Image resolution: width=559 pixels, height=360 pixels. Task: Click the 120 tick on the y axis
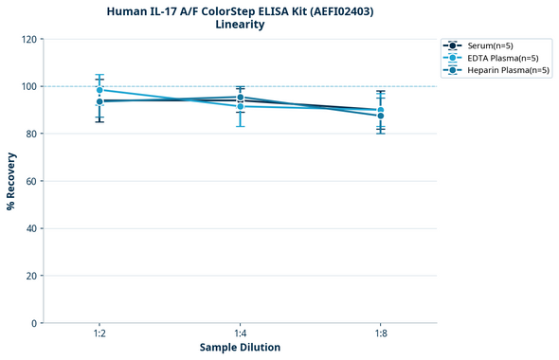(28, 39)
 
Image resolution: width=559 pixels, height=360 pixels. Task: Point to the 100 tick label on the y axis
(28, 86)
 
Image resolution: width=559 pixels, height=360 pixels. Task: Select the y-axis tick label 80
(30, 134)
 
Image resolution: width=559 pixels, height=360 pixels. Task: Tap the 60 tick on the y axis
(30, 181)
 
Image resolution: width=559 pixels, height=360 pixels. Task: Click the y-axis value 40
(30, 228)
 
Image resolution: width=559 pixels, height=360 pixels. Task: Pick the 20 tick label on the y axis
(30, 276)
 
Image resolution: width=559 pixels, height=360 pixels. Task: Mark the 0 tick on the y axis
(33, 323)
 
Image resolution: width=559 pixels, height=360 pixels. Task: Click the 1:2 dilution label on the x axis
(99, 334)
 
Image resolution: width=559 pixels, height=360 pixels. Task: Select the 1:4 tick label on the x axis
(240, 334)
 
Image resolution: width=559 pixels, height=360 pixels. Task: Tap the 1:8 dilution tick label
(381, 334)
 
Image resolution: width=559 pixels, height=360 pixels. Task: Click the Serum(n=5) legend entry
(490, 45)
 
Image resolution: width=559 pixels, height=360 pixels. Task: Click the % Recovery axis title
(11, 181)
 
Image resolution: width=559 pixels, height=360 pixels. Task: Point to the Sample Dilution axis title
(240, 348)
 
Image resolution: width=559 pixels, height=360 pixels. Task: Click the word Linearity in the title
(240, 25)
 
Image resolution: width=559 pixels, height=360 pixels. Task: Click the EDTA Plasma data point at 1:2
(99, 90)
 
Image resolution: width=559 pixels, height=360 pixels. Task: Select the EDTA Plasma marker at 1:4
(240, 106)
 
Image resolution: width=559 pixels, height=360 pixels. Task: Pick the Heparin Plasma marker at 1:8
(381, 116)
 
